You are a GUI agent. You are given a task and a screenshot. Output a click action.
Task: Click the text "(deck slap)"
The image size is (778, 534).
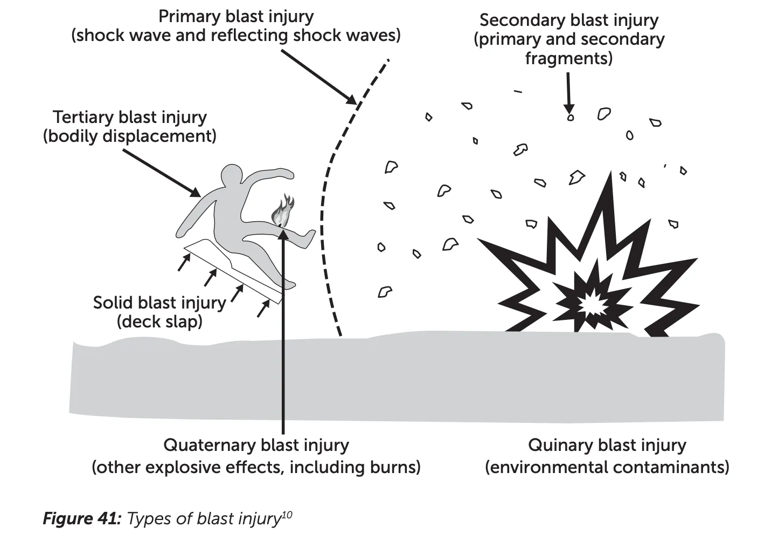[159, 321]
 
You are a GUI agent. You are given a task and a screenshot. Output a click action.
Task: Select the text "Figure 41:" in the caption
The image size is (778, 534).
[82, 518]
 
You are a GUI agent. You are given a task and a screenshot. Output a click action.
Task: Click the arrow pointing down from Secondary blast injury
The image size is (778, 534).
[568, 92]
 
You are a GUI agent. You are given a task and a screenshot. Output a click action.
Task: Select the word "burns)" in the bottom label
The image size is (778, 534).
[394, 467]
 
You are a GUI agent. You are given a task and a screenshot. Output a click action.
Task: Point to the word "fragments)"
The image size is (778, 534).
[569, 58]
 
